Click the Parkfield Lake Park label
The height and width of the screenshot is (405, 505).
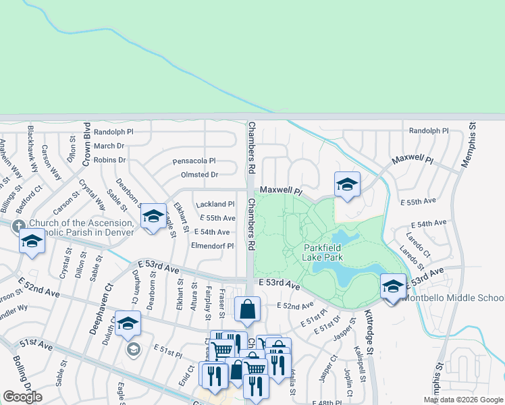tap(323, 252)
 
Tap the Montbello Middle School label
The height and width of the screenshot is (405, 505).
tap(454, 298)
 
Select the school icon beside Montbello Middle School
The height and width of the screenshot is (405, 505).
tap(393, 286)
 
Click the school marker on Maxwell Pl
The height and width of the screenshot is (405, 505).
tap(347, 184)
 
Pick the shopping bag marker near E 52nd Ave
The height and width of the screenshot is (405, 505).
tap(248, 309)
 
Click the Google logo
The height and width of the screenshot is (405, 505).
tap(23, 397)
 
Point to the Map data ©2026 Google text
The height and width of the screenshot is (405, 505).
tap(462, 400)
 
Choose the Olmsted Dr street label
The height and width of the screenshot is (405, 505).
tap(196, 174)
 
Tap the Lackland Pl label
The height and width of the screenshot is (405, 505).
tap(215, 204)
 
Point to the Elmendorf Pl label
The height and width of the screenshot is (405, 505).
tap(213, 246)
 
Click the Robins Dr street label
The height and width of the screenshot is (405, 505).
tap(110, 160)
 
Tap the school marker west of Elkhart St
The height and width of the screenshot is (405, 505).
tap(153, 216)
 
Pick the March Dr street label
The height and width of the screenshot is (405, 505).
tap(109, 146)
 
